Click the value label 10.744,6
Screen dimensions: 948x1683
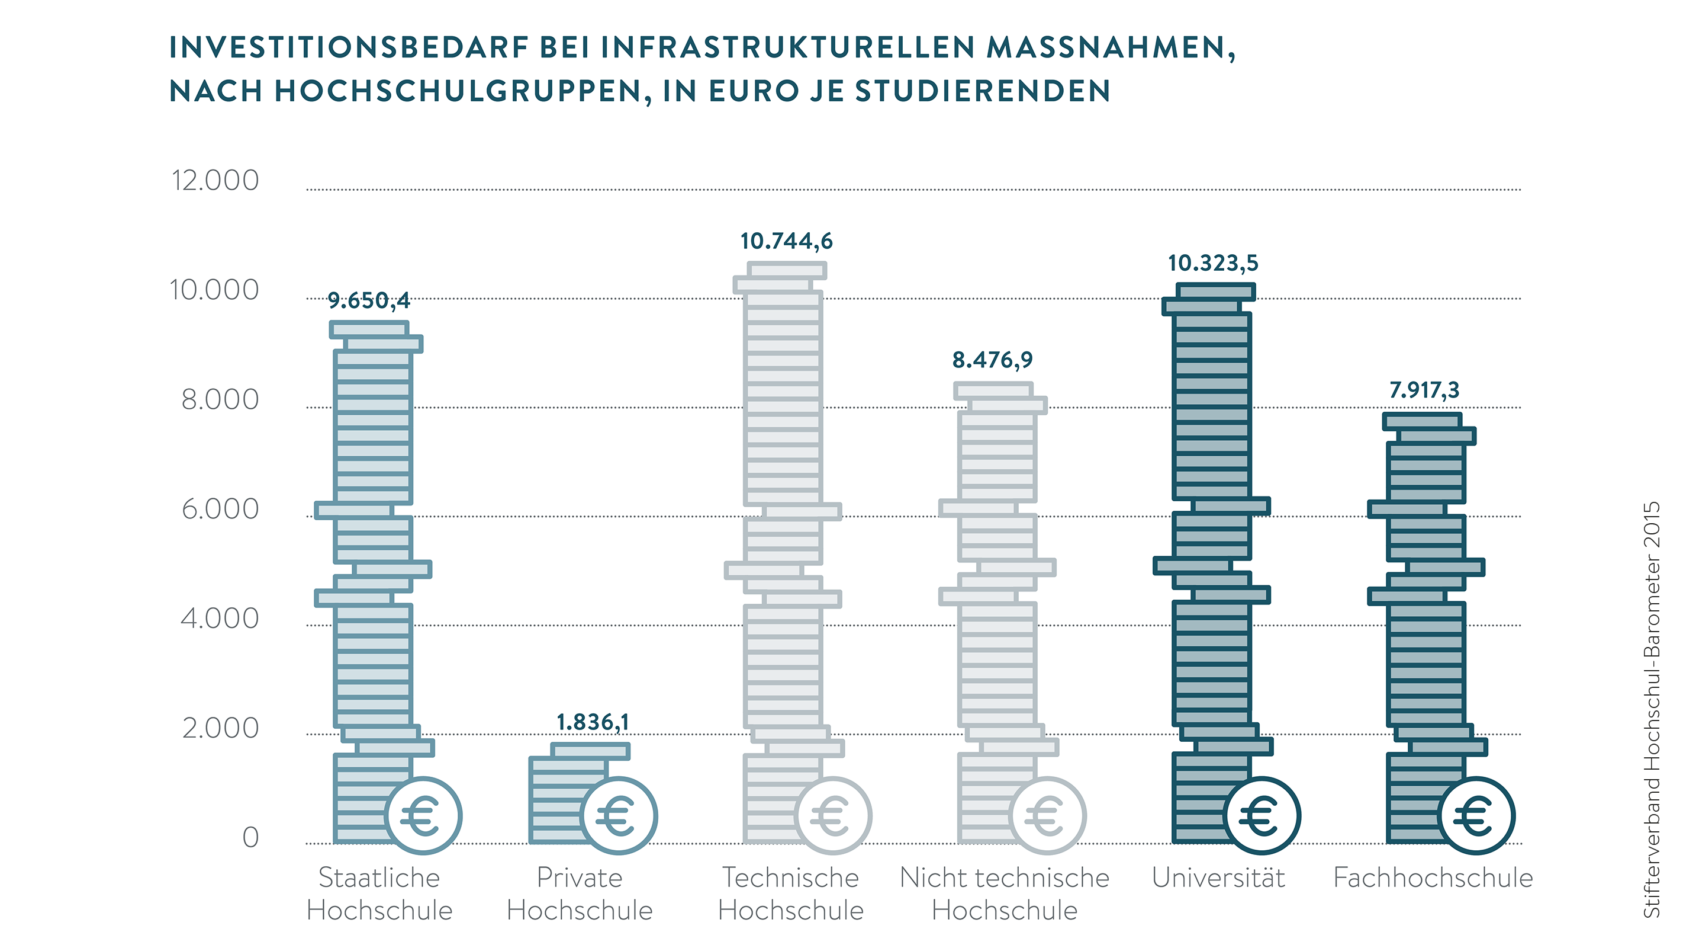[786, 241]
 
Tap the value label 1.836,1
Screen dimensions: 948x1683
[593, 722]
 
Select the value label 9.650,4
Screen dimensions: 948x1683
[369, 301]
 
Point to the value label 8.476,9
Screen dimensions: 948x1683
[992, 360]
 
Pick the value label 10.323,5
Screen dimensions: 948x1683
[1212, 263]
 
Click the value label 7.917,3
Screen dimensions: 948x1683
[1424, 390]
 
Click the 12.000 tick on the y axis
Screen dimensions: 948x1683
[215, 181]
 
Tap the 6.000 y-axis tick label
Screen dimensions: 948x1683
[220, 510]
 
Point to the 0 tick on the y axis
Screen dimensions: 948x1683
[250, 838]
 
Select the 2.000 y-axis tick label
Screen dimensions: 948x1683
[220, 728]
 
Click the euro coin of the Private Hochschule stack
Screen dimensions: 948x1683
[618, 815]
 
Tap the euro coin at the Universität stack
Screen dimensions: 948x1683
[1262, 815]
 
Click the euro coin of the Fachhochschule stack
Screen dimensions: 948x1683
[1475, 815]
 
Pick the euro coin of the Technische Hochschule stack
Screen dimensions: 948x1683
[832, 815]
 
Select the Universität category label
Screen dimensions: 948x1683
[1218, 878]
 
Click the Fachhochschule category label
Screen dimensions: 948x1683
[1433, 878]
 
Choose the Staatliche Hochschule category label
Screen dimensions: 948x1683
[379, 893]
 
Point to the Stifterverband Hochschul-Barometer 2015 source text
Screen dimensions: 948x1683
[1651, 709]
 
